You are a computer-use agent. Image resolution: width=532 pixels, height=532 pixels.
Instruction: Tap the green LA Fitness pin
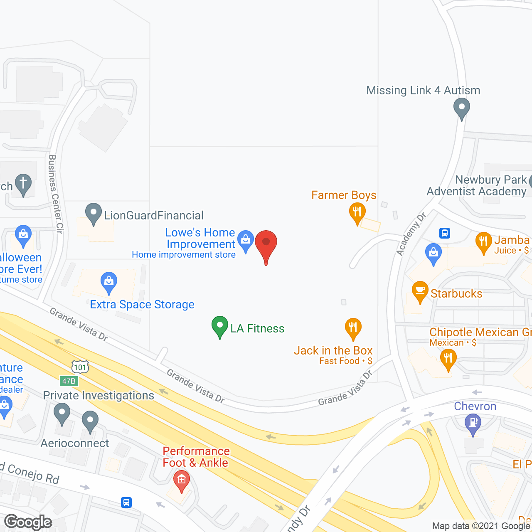[x=220, y=326]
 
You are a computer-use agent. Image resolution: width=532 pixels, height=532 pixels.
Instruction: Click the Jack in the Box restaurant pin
[x=353, y=328]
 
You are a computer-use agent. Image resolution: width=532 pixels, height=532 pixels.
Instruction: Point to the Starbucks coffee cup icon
[x=420, y=291]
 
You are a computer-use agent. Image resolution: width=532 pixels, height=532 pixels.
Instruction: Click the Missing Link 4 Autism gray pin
[x=461, y=108]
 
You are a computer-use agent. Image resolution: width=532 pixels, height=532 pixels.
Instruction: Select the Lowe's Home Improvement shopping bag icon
[x=246, y=241]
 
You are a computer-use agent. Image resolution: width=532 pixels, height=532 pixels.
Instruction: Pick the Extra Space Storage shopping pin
[x=109, y=282]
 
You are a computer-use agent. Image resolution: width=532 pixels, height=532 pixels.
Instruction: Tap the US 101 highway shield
[x=80, y=367]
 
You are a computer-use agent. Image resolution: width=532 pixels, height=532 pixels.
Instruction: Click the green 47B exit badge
[x=69, y=381]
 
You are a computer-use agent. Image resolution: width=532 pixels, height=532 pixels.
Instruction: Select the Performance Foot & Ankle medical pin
[x=181, y=480]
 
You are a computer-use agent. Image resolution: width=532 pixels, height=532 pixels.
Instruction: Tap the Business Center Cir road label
[x=55, y=194]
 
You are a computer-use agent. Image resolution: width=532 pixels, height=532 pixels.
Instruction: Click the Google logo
[x=28, y=522]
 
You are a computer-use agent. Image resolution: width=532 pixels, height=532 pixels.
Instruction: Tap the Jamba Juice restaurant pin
[x=483, y=242]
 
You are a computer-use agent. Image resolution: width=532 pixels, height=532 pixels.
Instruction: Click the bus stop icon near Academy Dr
[x=445, y=233]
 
